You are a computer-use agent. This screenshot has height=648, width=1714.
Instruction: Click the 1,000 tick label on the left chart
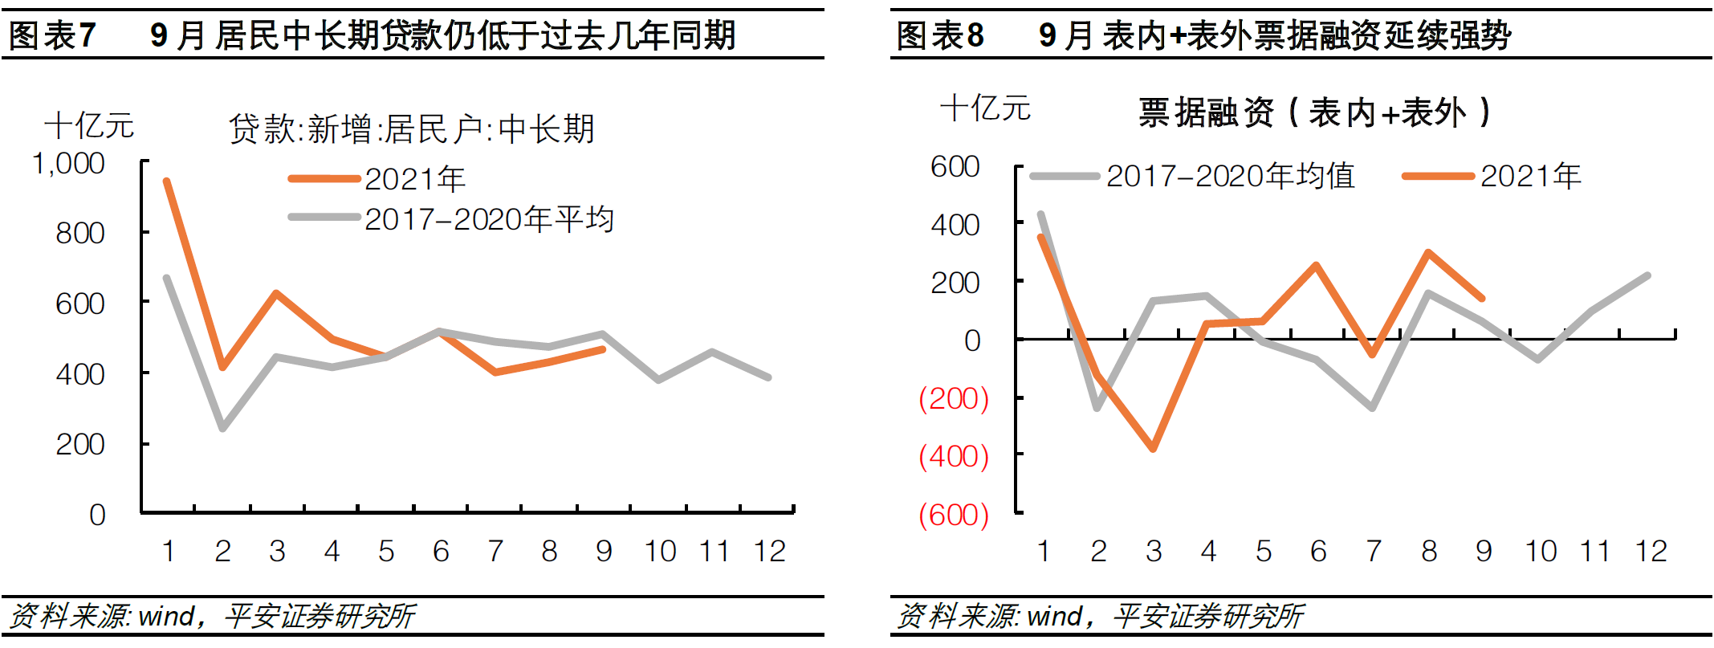(69, 164)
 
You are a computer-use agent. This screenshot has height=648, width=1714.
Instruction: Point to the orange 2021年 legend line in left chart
(324, 179)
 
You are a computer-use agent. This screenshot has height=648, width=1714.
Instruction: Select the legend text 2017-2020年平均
(489, 219)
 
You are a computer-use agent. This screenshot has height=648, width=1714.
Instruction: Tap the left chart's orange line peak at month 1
(167, 181)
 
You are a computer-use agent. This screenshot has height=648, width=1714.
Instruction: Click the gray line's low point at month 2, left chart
(222, 428)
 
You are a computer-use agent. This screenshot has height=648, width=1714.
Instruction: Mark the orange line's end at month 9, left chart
(603, 349)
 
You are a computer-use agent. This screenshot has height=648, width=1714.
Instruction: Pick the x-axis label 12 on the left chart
(768, 552)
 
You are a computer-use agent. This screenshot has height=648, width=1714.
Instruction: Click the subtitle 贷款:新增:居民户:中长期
(411, 129)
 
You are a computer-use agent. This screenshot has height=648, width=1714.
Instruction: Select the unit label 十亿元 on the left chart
(88, 126)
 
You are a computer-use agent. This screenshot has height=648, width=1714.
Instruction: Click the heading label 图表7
(52, 35)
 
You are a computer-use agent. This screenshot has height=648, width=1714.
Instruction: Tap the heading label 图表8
(940, 35)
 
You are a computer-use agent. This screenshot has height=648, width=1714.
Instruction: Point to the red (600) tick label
(953, 515)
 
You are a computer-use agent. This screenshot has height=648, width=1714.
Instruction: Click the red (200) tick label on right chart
(953, 398)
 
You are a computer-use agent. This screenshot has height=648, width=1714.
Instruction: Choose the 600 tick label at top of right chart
(955, 167)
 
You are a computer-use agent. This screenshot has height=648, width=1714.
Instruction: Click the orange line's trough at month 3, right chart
(1153, 448)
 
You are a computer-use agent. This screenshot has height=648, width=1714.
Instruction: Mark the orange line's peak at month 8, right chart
(1428, 253)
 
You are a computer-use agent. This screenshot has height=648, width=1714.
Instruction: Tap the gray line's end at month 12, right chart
(1647, 276)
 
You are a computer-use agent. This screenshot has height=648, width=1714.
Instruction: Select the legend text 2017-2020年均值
(1230, 176)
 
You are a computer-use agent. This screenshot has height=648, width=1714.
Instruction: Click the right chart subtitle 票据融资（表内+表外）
(1314, 112)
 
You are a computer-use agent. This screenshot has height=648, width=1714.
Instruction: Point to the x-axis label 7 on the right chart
(1374, 552)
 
